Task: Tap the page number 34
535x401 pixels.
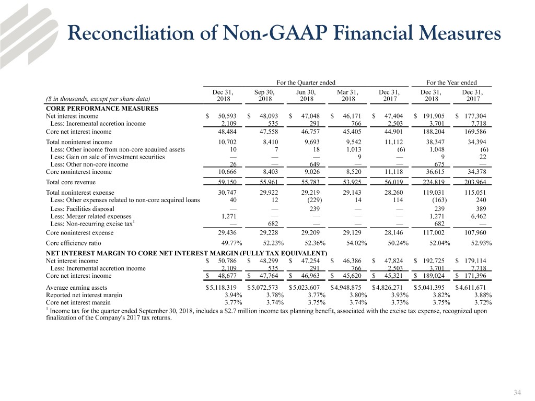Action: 518,393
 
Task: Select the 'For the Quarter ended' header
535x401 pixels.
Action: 306,82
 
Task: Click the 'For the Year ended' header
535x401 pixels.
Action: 451,82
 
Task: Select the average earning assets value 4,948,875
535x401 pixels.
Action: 350,287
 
